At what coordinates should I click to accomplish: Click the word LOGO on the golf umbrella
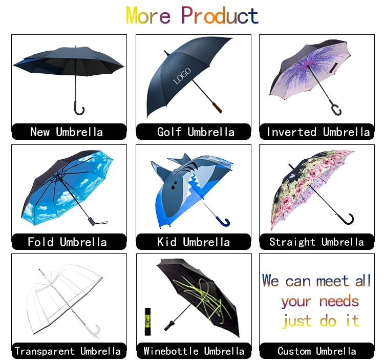(182, 76)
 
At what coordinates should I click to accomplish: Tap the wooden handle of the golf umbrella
(217, 108)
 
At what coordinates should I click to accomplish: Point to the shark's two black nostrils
(174, 185)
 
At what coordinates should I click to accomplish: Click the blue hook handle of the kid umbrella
(223, 221)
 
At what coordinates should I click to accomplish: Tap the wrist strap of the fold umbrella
(101, 223)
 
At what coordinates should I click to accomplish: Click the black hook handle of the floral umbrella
(348, 219)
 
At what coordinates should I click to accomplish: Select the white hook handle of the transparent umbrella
(95, 330)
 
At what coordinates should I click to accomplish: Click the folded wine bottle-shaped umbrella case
(147, 322)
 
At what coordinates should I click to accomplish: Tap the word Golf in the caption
(169, 132)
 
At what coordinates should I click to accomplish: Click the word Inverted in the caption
(291, 132)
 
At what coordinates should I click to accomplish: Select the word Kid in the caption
(167, 242)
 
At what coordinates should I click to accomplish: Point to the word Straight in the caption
(292, 242)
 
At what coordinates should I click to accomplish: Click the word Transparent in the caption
(45, 351)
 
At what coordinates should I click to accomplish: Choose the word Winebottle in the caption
(171, 351)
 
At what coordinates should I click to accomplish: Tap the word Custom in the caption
(294, 351)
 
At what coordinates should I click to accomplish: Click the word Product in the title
(220, 15)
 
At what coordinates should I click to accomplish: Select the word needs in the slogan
(339, 301)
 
